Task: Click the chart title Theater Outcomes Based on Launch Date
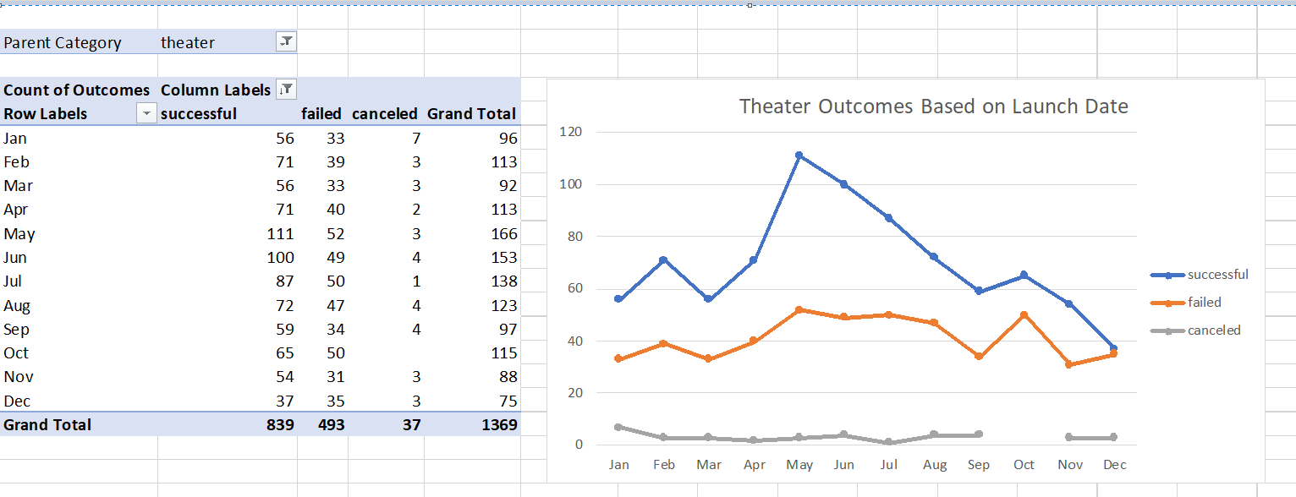933,106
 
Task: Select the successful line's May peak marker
799,156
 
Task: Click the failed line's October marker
1024,314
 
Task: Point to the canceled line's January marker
618,427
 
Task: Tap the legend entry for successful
1200,275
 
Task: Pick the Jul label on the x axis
888,465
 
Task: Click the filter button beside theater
287,41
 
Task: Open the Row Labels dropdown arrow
147,114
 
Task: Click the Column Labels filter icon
287,90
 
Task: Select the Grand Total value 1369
499,425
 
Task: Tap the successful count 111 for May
278,234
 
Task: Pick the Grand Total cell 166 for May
503,234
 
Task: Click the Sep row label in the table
16,330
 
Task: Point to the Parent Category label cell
63,43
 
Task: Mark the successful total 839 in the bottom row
278,425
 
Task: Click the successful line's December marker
1113,348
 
